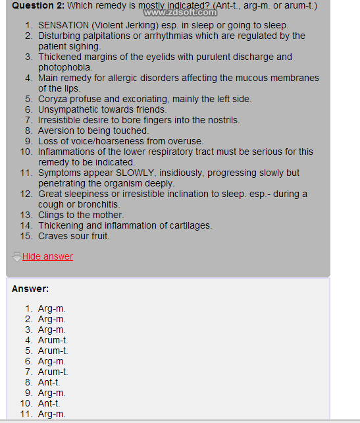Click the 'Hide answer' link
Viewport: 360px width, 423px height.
click(x=47, y=256)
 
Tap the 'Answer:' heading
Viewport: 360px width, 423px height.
click(x=30, y=289)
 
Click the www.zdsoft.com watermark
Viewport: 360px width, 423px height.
click(x=180, y=13)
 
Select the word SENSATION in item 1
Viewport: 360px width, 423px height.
click(x=64, y=25)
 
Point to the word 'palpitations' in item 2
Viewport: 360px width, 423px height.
click(x=105, y=36)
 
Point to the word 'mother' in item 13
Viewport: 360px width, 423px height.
click(x=107, y=215)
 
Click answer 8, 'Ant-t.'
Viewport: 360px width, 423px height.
click(x=49, y=382)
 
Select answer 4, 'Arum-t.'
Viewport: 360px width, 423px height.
click(x=53, y=340)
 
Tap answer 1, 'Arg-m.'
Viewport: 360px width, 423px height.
click(x=51, y=308)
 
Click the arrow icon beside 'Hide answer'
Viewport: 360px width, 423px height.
click(x=16, y=256)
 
